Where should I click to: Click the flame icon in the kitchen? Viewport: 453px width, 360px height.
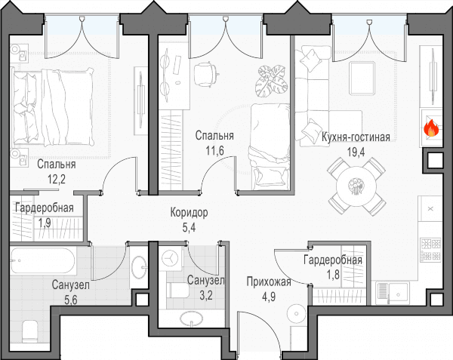pos(431,128)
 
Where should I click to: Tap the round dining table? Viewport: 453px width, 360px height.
pos(356,186)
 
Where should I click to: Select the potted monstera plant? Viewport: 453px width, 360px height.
pos(272,81)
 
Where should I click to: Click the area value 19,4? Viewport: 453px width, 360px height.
pos(356,152)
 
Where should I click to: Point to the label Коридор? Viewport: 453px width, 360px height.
pos(189,213)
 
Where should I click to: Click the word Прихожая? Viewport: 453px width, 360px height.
pos(269,282)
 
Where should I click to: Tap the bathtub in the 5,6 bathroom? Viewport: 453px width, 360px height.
pos(43,260)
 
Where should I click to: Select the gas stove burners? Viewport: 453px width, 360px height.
pos(430,250)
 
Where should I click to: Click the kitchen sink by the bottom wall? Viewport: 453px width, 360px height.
pos(393,293)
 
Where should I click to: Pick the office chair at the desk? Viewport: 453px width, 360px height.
pos(205,74)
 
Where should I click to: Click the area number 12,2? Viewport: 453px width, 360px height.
pos(57,180)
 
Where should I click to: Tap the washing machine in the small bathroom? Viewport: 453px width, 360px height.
pos(171,259)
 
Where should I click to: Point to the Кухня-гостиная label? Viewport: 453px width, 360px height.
pos(356,137)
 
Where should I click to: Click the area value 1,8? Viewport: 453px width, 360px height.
pos(333,275)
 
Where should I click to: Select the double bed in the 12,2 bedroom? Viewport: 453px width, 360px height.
pos(52,107)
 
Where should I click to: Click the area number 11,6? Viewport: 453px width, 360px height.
pos(214,151)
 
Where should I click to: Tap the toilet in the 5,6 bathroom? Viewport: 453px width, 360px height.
pos(30,331)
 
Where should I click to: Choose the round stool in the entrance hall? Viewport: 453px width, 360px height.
pos(297,313)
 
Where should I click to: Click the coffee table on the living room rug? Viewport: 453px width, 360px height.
pos(362,78)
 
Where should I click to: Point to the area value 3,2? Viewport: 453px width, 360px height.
pos(206,295)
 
